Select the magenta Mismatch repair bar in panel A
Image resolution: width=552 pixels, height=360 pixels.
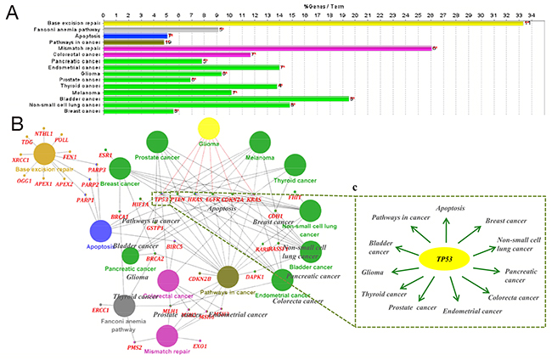click(x=268, y=48)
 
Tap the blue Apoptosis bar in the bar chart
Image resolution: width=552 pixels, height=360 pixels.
click(x=135, y=35)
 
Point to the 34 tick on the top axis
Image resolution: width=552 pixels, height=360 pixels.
click(x=530, y=14)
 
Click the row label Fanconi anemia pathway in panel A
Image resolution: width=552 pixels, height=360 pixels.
click(x=70, y=29)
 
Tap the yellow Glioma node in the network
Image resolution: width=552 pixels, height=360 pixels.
click(x=208, y=128)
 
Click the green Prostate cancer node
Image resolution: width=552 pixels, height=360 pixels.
click(x=157, y=142)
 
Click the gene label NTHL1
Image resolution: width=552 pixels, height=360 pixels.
click(x=43, y=134)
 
